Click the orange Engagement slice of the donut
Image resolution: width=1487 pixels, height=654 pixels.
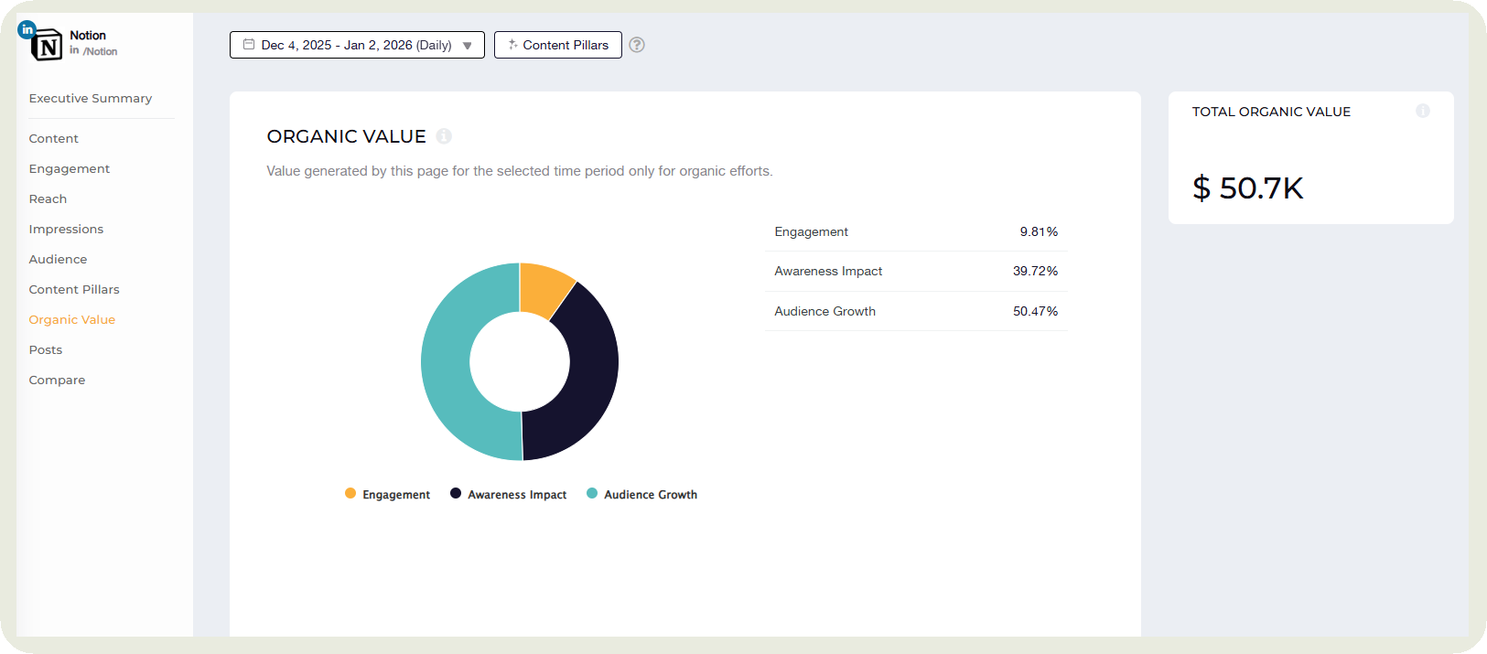(x=544, y=289)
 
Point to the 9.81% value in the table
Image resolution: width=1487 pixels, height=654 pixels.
(x=1039, y=232)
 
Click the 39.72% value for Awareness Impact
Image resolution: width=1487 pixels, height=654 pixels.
(x=1035, y=272)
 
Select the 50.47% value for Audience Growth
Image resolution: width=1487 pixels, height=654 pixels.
(x=1035, y=312)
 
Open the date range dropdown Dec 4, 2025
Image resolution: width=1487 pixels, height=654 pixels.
(x=357, y=45)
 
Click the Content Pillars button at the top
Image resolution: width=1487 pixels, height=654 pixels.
(x=558, y=45)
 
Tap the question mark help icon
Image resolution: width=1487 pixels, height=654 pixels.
(x=637, y=45)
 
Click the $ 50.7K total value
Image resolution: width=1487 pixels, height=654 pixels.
(x=1247, y=188)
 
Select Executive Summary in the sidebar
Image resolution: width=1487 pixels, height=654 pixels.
(x=91, y=99)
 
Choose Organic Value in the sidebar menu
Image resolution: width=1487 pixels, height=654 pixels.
(x=72, y=320)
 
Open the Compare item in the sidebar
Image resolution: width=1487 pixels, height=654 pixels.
(x=57, y=381)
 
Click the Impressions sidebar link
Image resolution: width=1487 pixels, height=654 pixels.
(x=66, y=230)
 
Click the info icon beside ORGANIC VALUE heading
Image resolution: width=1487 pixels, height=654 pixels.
(x=444, y=136)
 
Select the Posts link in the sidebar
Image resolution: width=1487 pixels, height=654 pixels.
(x=46, y=350)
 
